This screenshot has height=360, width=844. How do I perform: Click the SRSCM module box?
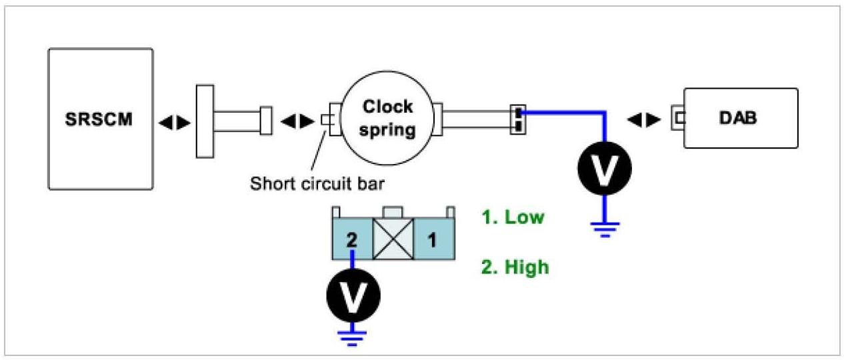[101, 119]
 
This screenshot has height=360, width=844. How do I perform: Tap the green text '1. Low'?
[513, 217]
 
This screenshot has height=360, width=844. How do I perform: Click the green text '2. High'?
[515, 267]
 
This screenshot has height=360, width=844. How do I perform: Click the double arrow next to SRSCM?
[173, 121]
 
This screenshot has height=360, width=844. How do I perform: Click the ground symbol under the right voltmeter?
[604, 230]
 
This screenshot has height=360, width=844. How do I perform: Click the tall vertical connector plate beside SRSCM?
[205, 121]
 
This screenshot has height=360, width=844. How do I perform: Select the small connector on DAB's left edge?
[679, 118]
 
